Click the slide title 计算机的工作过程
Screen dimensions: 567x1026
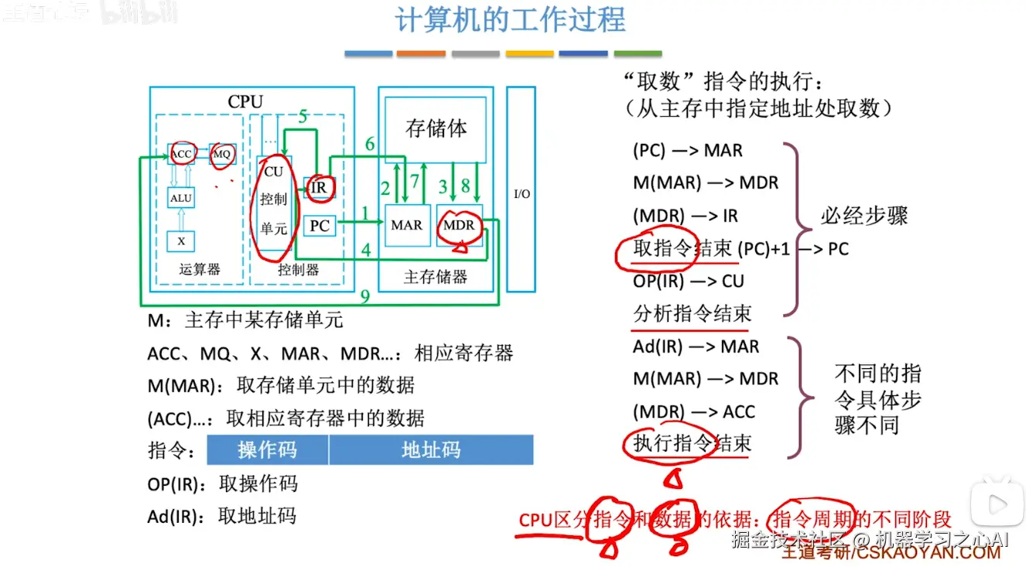[x=510, y=21]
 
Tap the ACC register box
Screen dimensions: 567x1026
[x=182, y=154]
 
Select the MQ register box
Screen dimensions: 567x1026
[x=222, y=154]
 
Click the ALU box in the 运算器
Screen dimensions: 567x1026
[x=181, y=199]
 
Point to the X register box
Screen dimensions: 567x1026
[x=181, y=241]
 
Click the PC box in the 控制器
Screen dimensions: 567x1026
[x=320, y=226]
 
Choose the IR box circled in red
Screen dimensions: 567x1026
[x=318, y=186]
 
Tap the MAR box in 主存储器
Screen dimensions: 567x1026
[x=406, y=225]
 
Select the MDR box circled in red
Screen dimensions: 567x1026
[x=459, y=225]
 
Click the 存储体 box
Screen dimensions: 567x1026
[x=436, y=128]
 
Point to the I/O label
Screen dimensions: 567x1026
[x=522, y=193]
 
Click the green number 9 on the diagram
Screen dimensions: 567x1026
[x=365, y=295]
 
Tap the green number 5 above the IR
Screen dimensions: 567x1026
[x=303, y=118]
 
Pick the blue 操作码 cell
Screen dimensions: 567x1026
[x=267, y=450]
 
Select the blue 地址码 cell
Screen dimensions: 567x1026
[x=431, y=450]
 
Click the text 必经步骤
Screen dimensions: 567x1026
[x=864, y=216]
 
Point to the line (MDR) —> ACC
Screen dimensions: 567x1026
[x=693, y=412]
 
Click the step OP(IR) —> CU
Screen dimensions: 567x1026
[x=689, y=281]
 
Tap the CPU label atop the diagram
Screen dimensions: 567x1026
[x=245, y=102]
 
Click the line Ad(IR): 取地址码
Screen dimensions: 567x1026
[x=222, y=516]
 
